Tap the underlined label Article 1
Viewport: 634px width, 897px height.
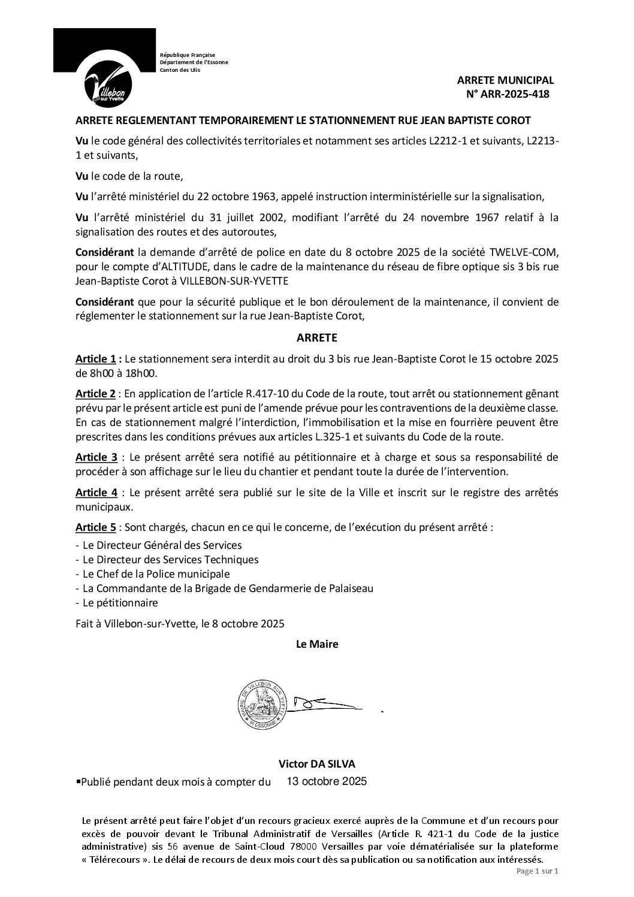click(95, 359)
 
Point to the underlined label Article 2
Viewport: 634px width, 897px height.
click(95, 394)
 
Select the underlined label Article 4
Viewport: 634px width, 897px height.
click(96, 493)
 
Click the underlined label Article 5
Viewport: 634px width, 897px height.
click(95, 527)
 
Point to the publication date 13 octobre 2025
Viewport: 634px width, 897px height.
click(327, 781)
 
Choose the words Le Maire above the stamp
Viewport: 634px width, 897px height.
click(317, 644)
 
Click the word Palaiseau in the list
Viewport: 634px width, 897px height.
click(352, 588)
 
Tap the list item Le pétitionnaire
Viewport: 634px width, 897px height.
click(120, 602)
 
